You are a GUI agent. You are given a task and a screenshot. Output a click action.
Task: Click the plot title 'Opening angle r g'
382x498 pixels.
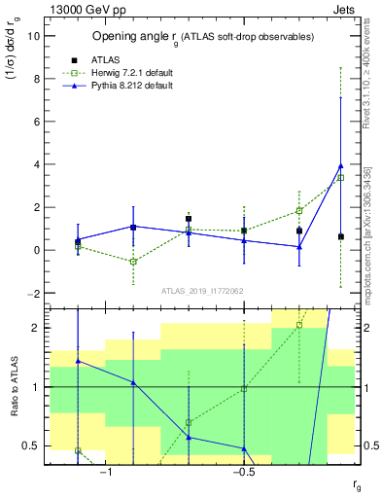tap(202, 37)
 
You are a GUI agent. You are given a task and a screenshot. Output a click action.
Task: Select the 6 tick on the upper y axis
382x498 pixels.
tap(36, 122)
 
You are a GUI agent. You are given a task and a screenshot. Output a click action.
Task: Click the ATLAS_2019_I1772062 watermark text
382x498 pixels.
tap(202, 290)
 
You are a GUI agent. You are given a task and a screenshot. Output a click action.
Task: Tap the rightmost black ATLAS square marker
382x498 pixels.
tap(340, 236)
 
